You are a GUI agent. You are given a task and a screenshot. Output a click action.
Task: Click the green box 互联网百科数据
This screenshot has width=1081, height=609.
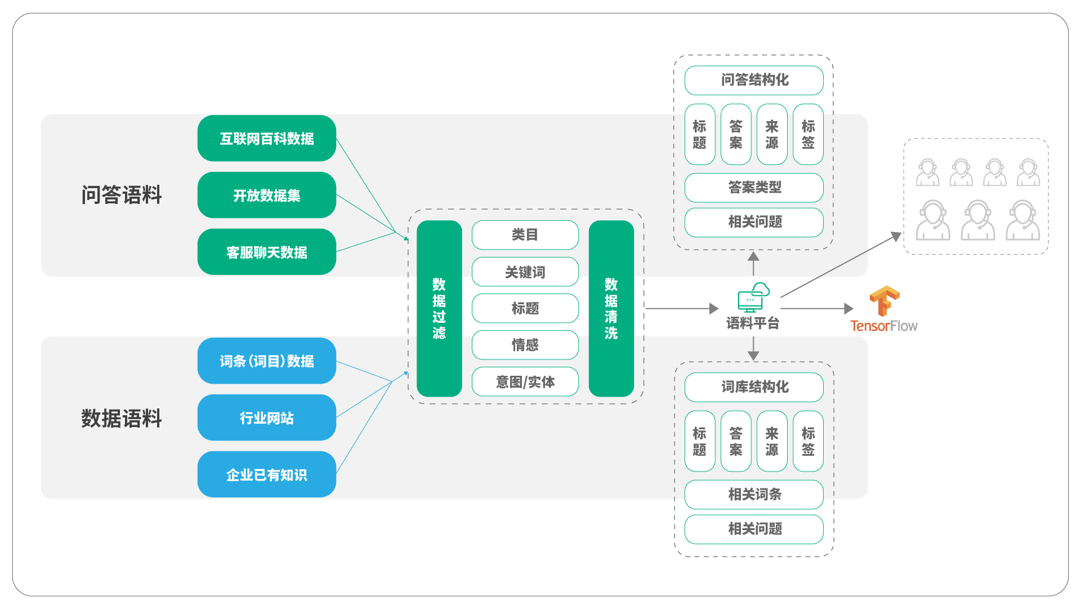coord(266,139)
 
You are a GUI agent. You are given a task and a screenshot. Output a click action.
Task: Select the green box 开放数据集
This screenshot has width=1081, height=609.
coord(266,195)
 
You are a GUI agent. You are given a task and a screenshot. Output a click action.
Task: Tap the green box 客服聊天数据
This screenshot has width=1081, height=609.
coord(266,252)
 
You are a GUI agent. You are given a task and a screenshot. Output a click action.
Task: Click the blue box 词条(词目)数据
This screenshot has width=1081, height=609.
coord(266,361)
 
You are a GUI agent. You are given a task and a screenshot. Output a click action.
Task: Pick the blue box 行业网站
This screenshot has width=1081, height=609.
coord(266,418)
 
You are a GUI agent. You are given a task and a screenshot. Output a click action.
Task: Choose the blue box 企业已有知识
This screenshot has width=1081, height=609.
coord(266,475)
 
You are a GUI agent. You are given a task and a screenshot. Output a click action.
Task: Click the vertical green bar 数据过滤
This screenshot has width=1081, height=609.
coord(439,309)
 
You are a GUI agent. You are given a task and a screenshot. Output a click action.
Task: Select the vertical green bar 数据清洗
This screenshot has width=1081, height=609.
coord(611,309)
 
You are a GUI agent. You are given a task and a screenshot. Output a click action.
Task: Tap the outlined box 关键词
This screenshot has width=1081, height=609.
coord(525,272)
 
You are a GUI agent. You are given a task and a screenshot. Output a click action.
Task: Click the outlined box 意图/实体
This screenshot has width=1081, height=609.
coord(525,382)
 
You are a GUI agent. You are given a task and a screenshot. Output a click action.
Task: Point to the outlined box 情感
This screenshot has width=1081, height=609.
coord(525,345)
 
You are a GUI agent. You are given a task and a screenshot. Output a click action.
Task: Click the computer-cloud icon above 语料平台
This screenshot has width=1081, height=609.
coord(753,297)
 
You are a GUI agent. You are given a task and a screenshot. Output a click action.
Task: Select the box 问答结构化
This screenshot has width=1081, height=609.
coord(754,80)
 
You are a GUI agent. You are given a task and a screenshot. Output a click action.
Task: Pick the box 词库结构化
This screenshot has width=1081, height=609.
coord(754,387)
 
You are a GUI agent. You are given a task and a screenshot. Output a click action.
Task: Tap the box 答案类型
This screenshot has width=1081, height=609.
coord(754,187)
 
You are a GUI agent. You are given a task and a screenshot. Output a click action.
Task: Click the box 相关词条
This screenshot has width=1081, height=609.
coord(754,495)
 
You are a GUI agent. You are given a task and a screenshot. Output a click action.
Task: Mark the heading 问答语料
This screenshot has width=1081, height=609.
coord(122,195)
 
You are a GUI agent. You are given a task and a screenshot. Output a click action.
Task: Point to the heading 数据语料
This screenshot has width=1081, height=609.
coord(122,419)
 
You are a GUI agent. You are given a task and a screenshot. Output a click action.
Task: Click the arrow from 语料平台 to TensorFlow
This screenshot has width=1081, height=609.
coord(816,309)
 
